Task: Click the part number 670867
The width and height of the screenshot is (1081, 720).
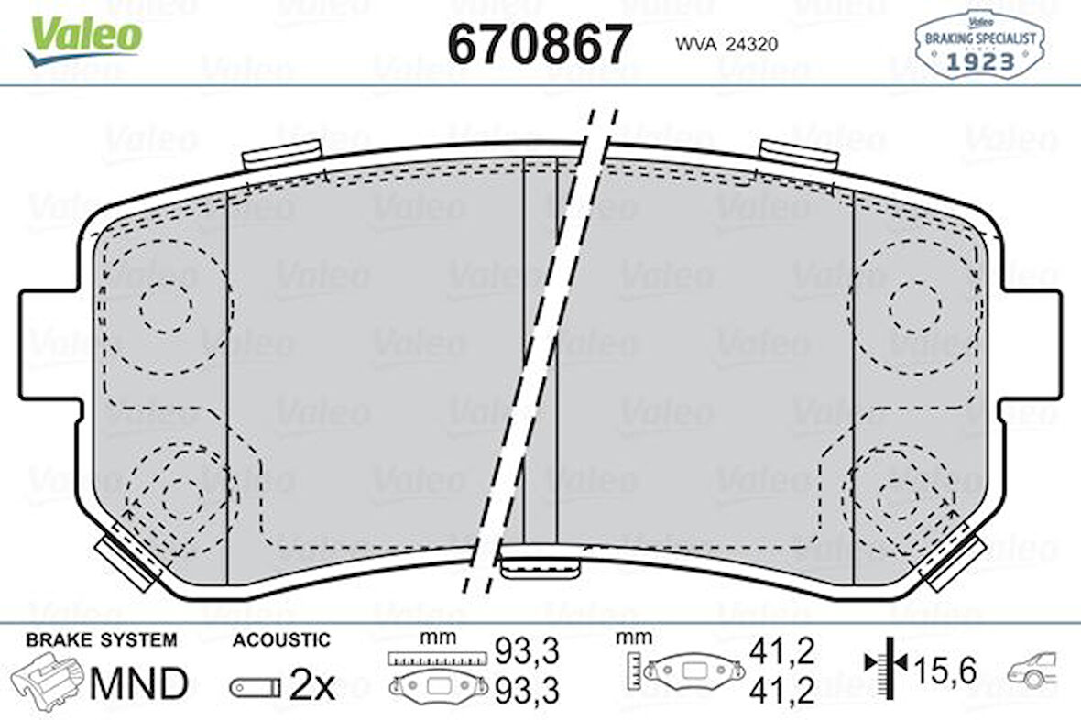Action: (x=539, y=43)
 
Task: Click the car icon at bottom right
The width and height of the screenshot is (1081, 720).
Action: (x=1032, y=671)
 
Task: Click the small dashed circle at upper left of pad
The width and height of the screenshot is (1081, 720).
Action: (x=166, y=307)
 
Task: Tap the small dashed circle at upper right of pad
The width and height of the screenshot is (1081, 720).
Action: (x=913, y=307)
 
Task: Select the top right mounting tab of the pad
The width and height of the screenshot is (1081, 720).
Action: (x=799, y=155)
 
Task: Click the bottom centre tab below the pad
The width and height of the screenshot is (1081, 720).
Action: (x=540, y=568)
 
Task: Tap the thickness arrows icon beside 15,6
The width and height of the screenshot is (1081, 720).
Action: (x=885, y=671)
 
